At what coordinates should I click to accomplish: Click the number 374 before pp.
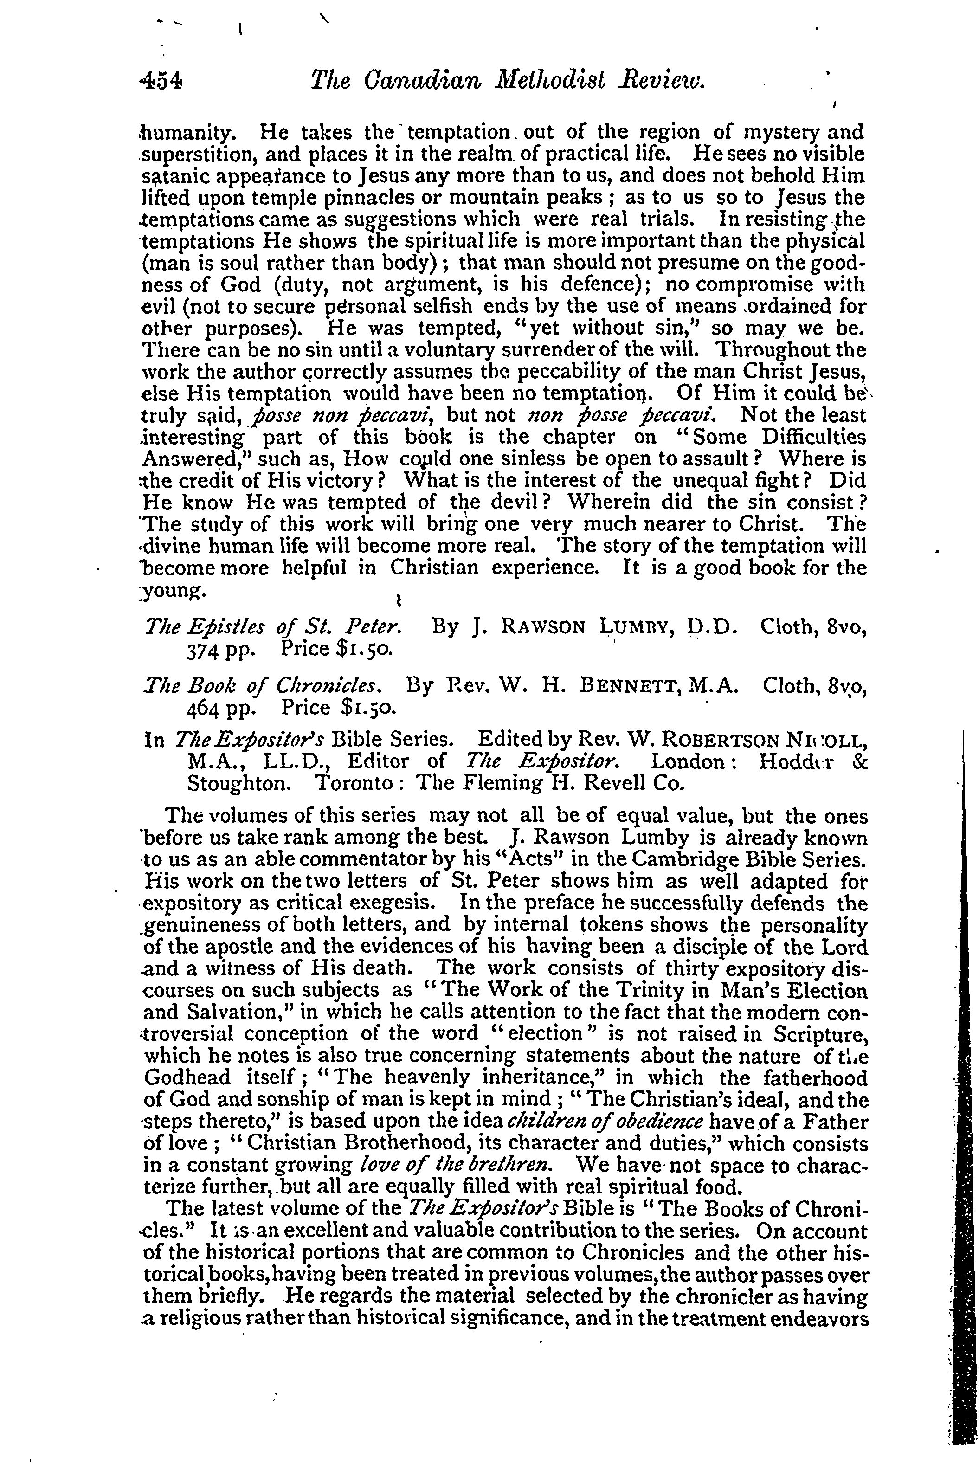click(x=200, y=649)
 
